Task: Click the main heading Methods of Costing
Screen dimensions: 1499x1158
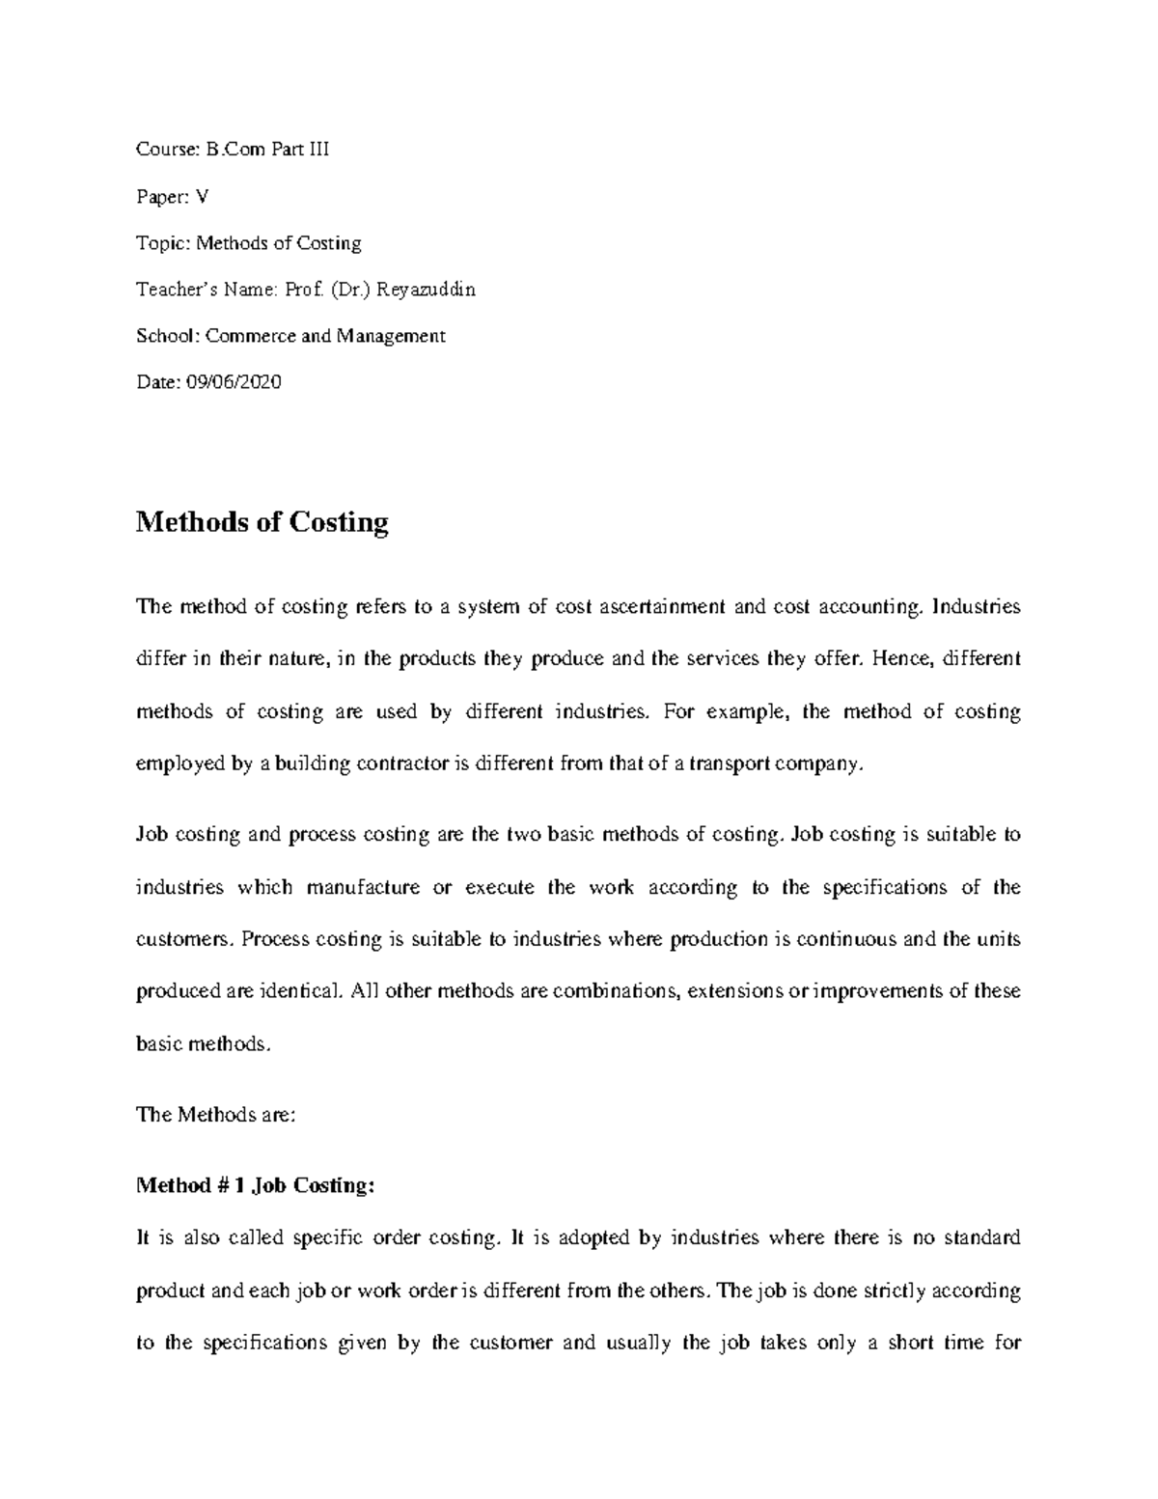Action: click(x=262, y=522)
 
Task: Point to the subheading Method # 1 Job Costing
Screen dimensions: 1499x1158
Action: click(x=255, y=1186)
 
